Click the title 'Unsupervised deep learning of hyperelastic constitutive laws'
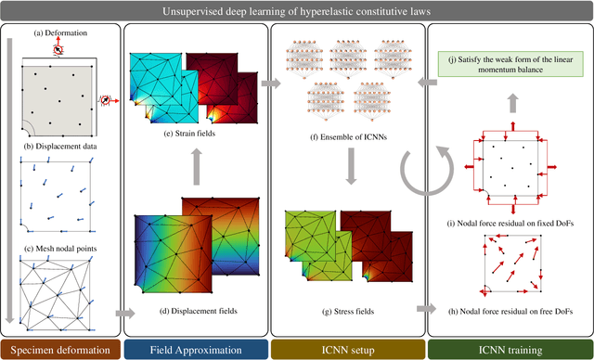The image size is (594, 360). (297, 11)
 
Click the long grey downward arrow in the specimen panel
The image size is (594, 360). (13, 176)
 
